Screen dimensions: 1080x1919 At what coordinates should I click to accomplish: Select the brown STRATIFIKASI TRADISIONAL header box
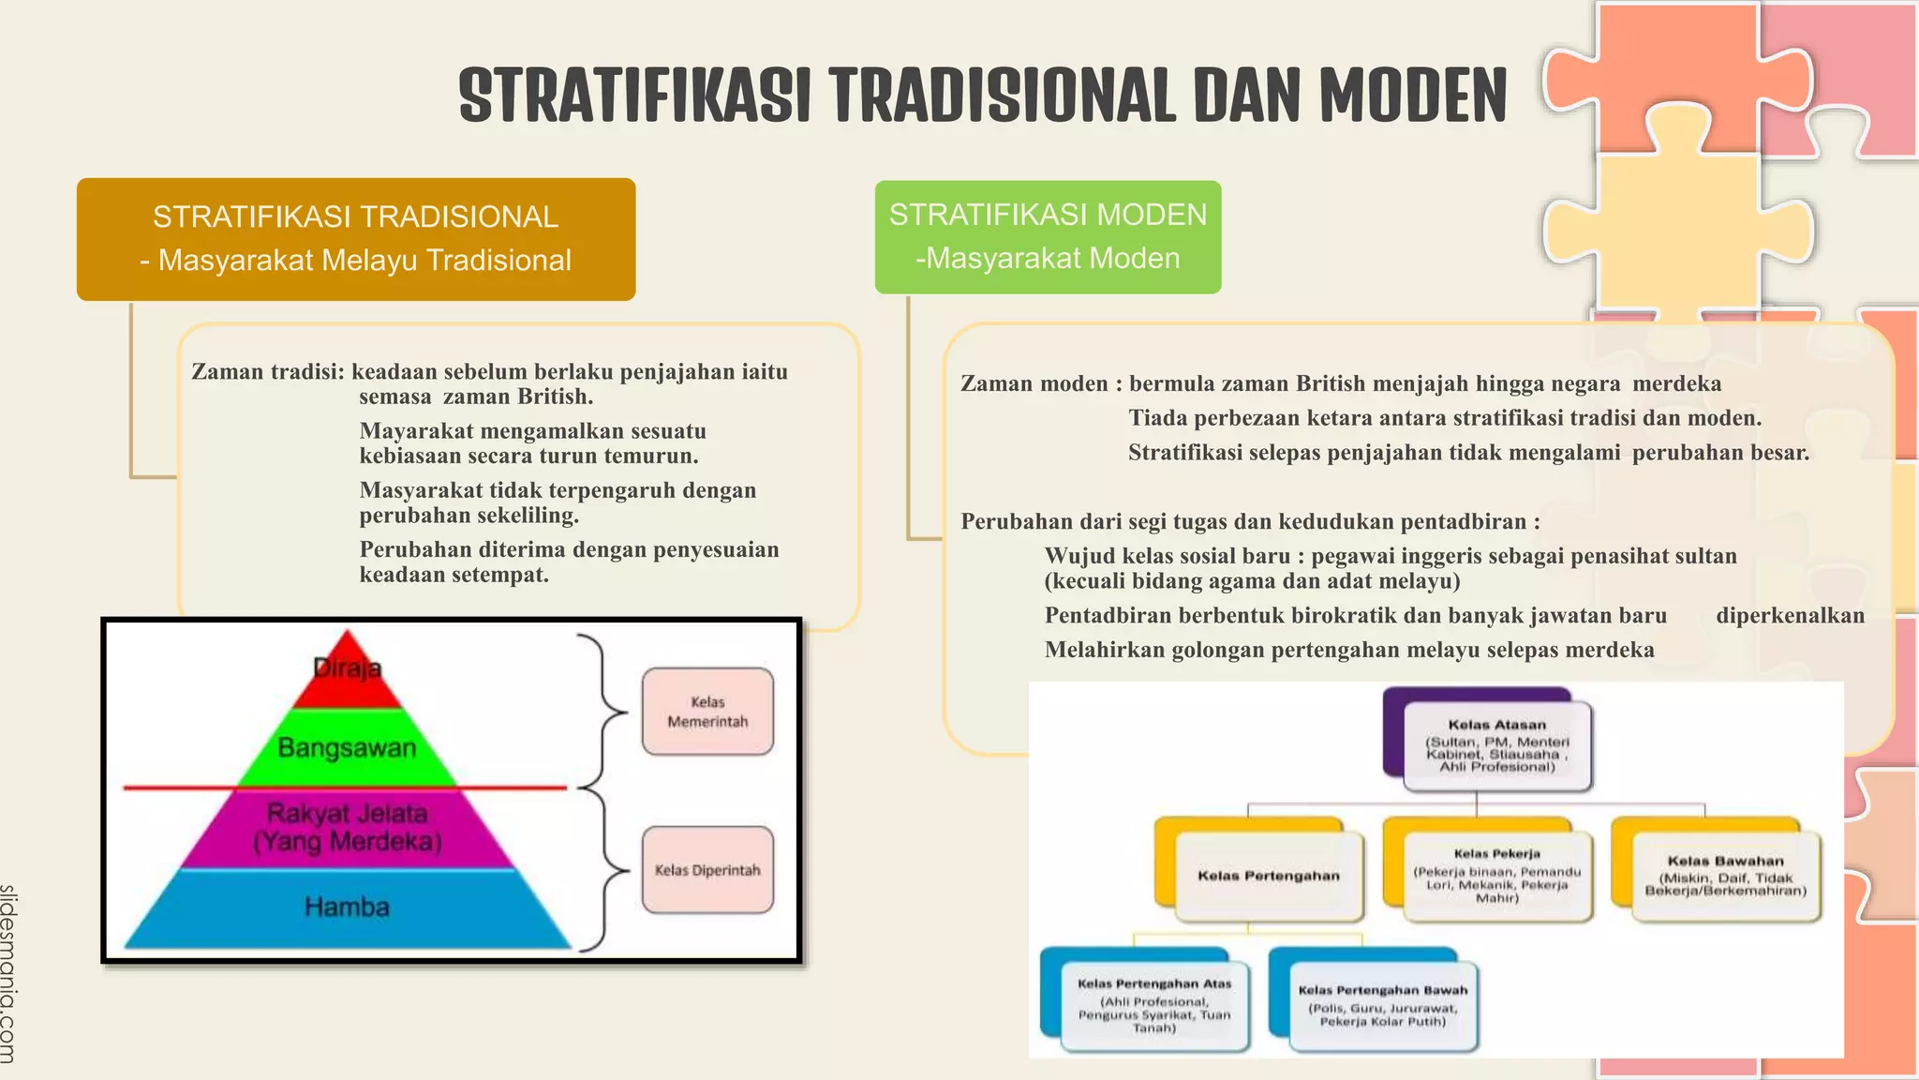(356, 239)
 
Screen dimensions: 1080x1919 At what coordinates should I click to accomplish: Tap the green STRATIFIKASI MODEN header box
(1048, 237)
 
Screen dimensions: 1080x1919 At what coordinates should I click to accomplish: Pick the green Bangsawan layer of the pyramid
(347, 748)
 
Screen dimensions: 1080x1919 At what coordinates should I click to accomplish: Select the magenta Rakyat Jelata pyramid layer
(347, 827)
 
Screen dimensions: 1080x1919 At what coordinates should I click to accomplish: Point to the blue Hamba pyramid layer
(347, 907)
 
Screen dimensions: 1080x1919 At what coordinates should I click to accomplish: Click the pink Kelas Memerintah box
(707, 712)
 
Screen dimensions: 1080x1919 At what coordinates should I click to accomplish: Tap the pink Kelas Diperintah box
(707, 870)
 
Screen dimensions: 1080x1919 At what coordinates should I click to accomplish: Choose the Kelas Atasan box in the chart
(1496, 745)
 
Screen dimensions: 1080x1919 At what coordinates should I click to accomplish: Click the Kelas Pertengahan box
(1269, 876)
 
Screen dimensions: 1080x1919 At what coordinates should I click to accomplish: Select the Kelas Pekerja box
(1496, 876)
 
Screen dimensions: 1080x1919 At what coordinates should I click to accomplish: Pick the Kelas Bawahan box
(1725, 876)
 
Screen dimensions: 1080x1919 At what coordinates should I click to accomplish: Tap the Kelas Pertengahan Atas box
(1154, 1005)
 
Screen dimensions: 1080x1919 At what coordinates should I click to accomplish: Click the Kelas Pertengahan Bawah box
(1383, 1005)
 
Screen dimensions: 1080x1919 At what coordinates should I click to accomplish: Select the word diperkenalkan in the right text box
(1790, 616)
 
